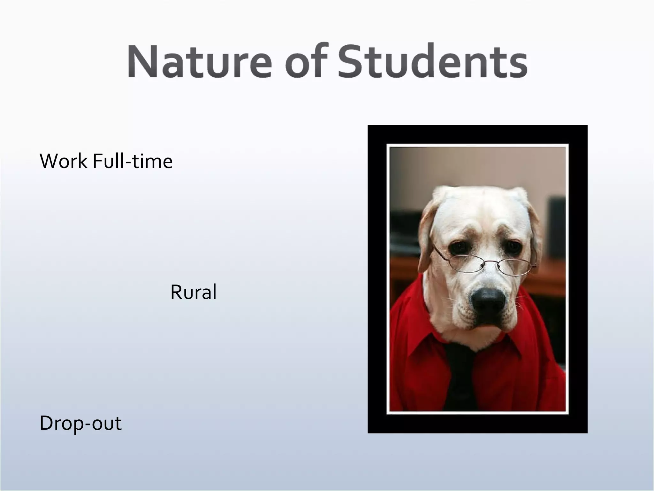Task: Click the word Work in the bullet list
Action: pos(63,161)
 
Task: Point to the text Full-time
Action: pos(133,161)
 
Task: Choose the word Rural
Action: pos(193,292)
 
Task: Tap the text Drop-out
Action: pos(80,423)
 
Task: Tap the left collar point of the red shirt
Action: pos(415,364)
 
